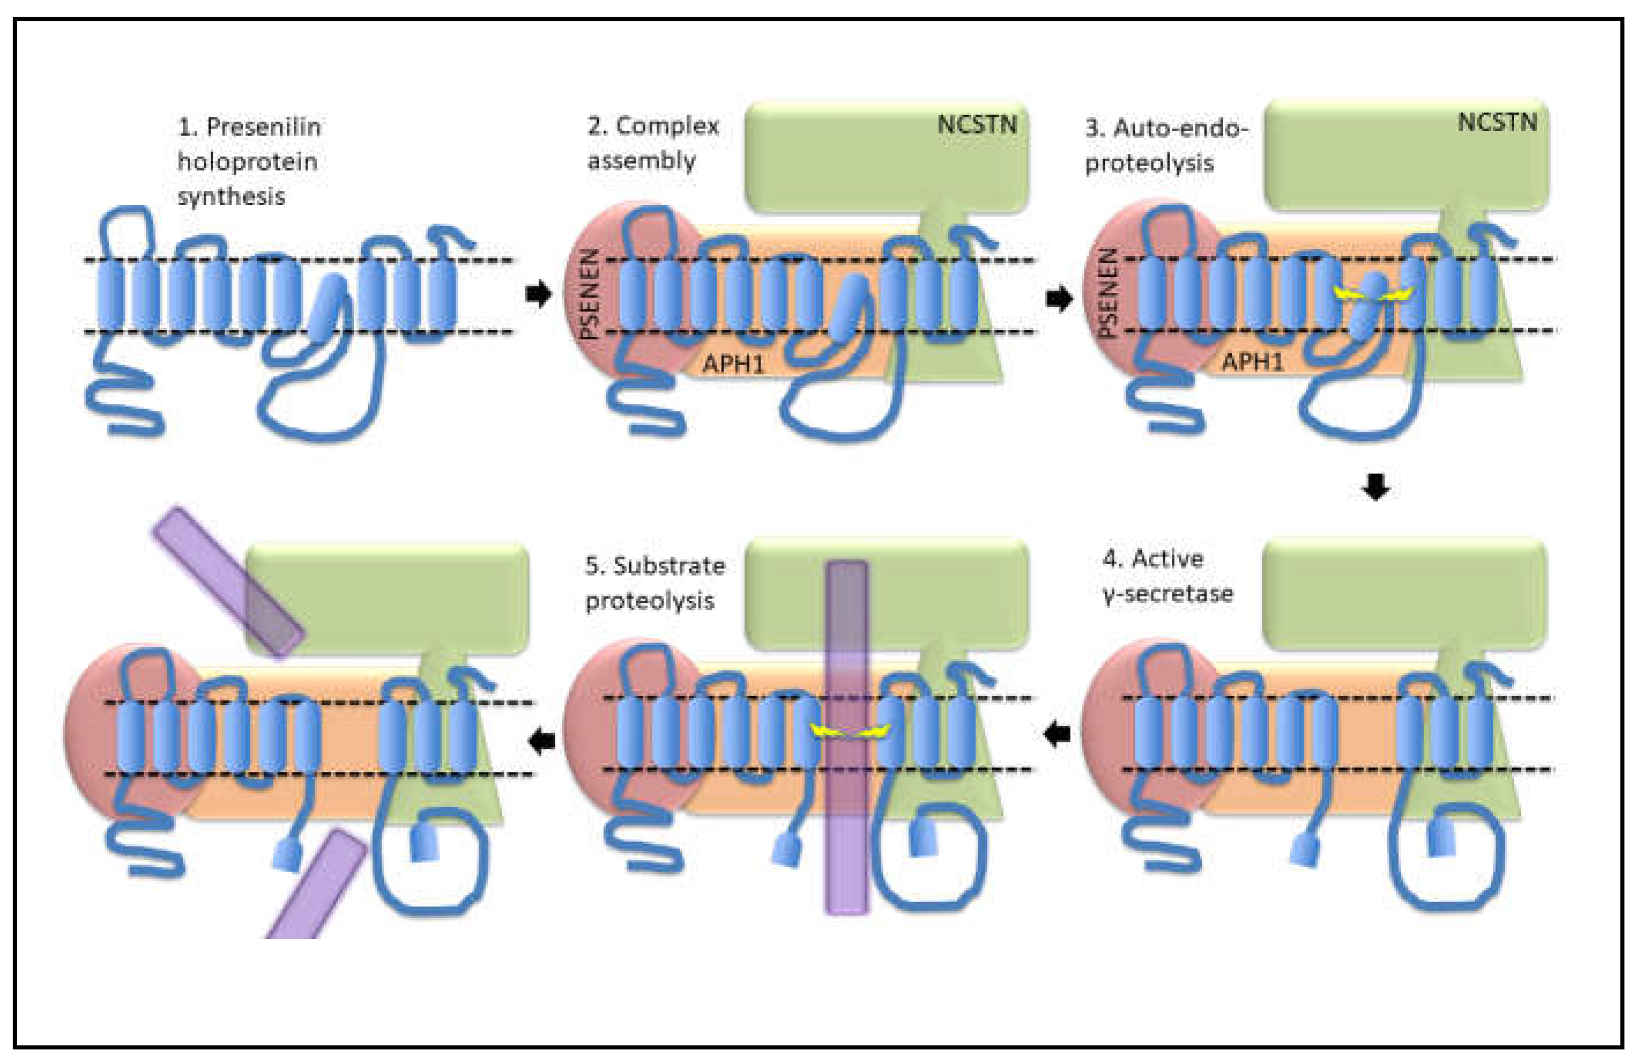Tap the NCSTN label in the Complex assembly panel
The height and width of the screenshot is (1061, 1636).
[x=977, y=124]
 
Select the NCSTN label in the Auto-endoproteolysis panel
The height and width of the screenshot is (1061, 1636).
[x=1497, y=123]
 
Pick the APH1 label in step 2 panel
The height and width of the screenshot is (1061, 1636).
[x=733, y=362]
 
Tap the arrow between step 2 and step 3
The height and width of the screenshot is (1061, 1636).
[x=1059, y=298]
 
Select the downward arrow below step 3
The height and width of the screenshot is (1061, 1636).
[x=1375, y=488]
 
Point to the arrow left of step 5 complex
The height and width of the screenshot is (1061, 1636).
[x=543, y=740]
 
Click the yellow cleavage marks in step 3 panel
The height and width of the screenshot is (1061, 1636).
[x=1372, y=294]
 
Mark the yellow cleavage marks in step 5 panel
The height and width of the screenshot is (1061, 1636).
[x=849, y=732]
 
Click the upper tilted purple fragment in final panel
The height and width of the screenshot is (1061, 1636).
[x=227, y=581]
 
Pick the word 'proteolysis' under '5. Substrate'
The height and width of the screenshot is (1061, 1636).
[x=650, y=600]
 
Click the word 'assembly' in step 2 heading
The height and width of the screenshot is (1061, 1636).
[x=641, y=161]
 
